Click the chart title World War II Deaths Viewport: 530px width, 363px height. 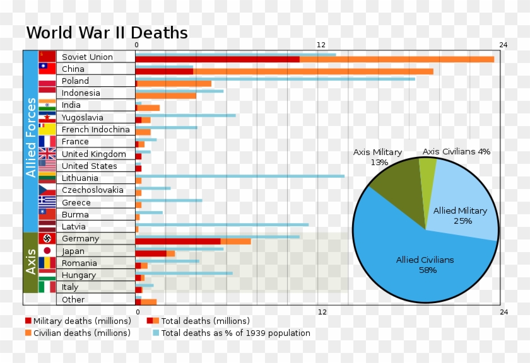click(107, 33)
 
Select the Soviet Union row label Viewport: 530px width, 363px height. click(87, 57)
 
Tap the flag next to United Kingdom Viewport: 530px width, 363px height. click(47, 154)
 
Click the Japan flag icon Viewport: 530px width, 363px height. click(47, 251)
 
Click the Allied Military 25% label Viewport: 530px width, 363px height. click(460, 216)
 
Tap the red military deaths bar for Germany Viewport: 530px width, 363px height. click(177, 241)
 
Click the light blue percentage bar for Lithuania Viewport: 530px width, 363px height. click(240, 176)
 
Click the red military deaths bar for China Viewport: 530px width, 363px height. click(164, 71)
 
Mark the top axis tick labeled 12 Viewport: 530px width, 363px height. click(321, 45)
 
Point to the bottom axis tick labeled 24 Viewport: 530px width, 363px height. click(503, 312)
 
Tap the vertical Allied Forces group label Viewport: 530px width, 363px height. click(31, 142)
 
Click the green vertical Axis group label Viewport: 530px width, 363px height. click(31, 262)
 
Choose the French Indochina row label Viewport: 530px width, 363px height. click(95, 130)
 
